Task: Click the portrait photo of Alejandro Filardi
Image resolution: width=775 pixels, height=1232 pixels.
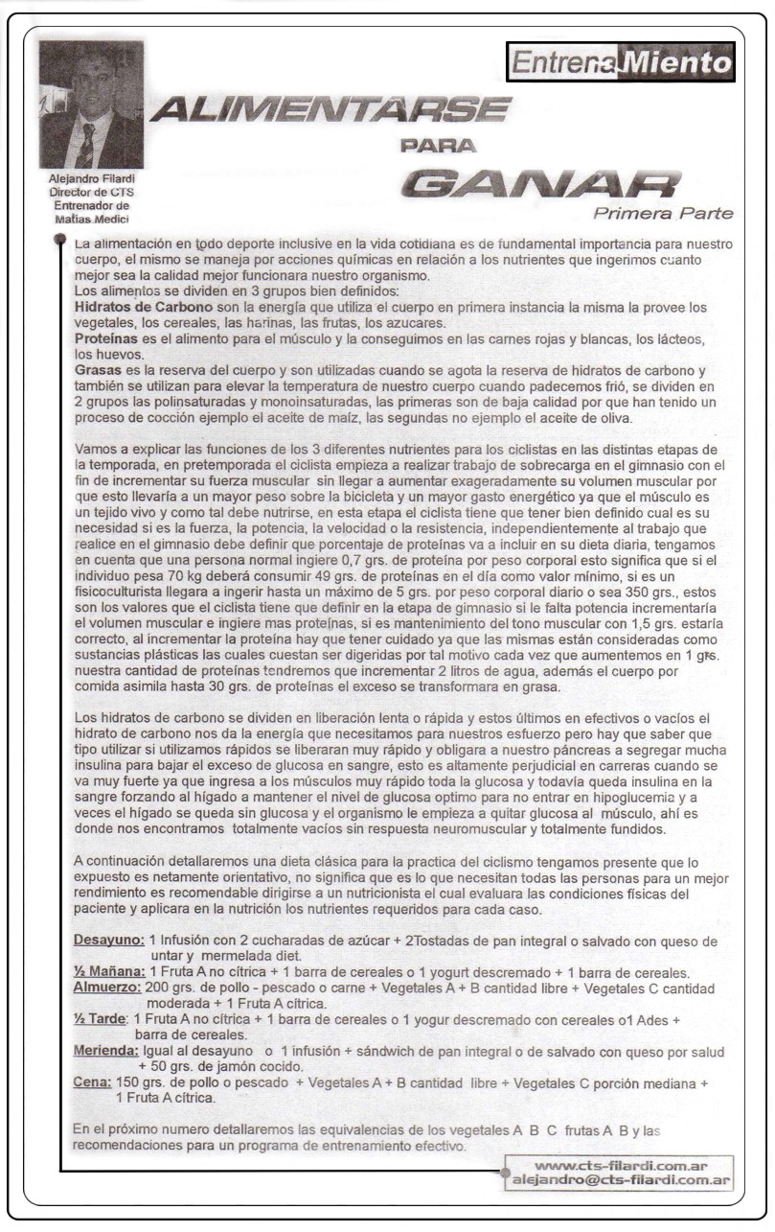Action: [91, 105]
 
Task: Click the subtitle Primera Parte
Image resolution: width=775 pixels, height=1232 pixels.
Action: [662, 213]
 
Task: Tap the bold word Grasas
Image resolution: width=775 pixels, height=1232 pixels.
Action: [100, 371]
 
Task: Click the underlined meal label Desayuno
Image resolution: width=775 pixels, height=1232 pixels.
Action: [109, 941]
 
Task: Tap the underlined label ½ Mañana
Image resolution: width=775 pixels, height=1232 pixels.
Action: [107, 971]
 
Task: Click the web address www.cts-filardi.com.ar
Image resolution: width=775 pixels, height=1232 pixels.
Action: [622, 1166]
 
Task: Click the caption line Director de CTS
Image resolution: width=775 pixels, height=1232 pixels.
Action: [91, 191]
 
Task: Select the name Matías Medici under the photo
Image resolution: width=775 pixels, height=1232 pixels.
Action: [91, 218]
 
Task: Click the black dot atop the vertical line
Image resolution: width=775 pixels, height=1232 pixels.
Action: [61, 236]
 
